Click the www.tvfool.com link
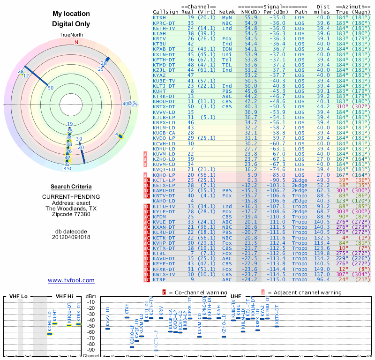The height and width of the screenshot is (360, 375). click(x=71, y=280)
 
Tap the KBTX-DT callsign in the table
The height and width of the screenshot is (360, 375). click(x=164, y=106)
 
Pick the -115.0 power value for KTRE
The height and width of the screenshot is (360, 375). click(x=276, y=279)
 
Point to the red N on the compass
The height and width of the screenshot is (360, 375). click(x=76, y=42)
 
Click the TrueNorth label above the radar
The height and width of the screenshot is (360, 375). click(x=71, y=35)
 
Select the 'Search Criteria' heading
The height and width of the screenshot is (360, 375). click(x=71, y=187)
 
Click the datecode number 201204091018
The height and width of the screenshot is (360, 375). click(x=71, y=237)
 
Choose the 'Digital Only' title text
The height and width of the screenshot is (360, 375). click(x=71, y=24)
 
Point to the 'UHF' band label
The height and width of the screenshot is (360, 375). click(x=235, y=296)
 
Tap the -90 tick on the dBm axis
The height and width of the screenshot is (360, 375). click(x=90, y=350)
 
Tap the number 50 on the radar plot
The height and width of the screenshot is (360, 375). click(x=51, y=88)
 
